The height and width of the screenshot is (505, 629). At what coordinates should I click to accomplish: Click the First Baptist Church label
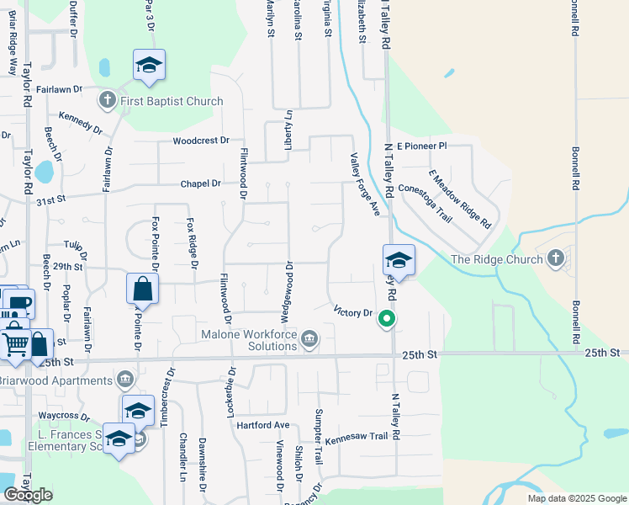pos(171,102)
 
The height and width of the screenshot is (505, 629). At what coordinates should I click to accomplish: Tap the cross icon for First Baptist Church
pos(107,102)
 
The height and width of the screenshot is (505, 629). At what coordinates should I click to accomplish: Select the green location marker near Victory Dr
pos(387,318)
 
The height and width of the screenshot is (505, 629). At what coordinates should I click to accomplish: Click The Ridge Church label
pos(496,259)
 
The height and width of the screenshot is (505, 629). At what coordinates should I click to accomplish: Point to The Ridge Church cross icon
pos(555,259)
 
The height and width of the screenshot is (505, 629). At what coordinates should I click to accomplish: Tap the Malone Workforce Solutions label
pos(249,340)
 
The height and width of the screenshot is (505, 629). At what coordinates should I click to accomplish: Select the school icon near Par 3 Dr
pos(149,65)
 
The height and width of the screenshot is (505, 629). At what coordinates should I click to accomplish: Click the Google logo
pos(28,495)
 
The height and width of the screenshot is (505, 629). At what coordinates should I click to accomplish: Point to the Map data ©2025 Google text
pos(578,498)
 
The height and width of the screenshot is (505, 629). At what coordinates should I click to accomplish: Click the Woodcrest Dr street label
pos(201,141)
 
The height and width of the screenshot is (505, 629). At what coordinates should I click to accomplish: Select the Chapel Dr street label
pos(200,183)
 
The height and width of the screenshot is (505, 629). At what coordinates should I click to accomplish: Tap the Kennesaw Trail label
pos(357,437)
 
